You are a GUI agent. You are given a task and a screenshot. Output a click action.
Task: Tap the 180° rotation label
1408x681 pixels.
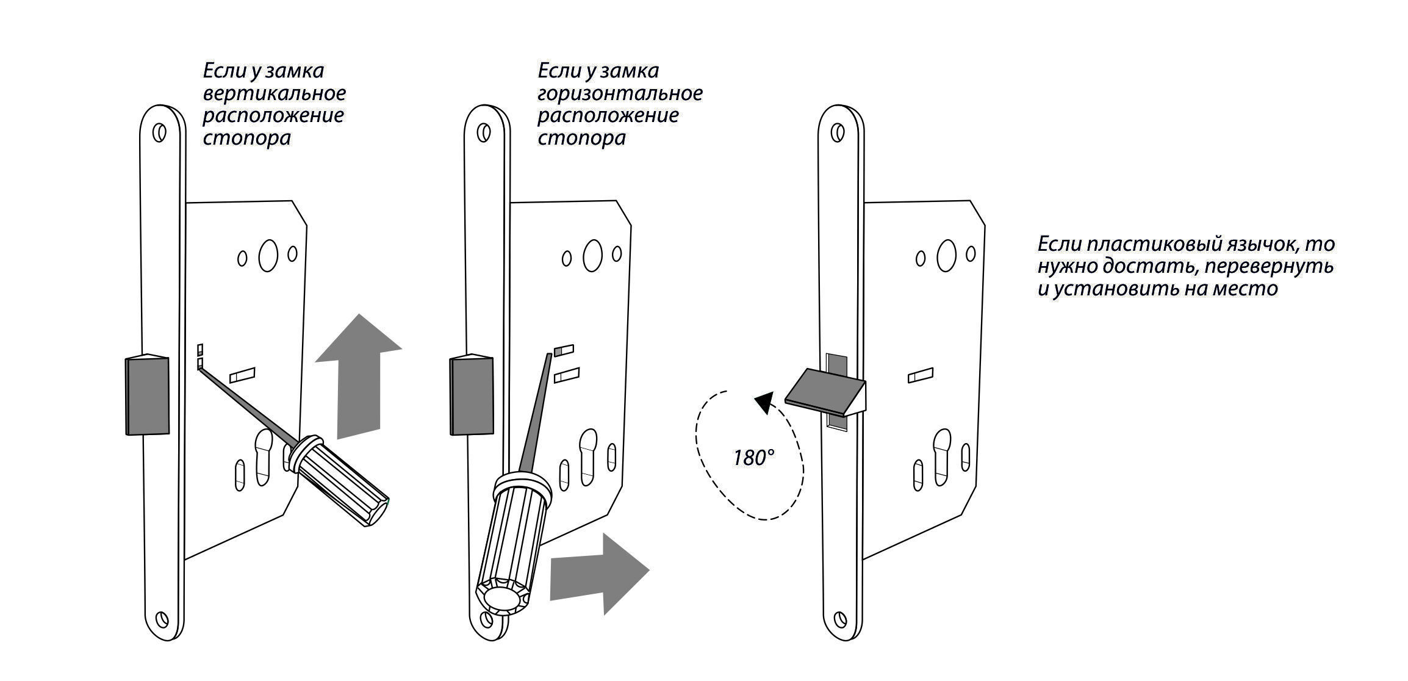pyautogui.click(x=753, y=458)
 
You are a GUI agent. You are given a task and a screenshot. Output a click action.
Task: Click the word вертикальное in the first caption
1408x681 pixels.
pyautogui.click(x=274, y=93)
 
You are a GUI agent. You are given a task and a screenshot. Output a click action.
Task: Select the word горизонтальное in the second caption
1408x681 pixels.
pyautogui.click(x=620, y=93)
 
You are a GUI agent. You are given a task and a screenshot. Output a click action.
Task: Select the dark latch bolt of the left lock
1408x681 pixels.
pyautogui.click(x=147, y=395)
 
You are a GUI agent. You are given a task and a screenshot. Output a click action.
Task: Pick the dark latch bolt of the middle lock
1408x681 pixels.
pyautogui.click(x=471, y=395)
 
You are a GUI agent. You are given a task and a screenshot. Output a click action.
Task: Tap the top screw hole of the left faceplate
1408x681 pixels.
pyautogui.click(x=160, y=132)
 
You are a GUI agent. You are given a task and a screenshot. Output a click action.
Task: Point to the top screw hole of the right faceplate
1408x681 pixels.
pyautogui.click(x=839, y=132)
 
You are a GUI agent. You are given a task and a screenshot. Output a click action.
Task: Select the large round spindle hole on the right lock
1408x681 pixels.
pyautogui.click(x=946, y=256)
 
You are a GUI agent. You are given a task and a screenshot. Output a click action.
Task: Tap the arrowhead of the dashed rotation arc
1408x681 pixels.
pyautogui.click(x=763, y=403)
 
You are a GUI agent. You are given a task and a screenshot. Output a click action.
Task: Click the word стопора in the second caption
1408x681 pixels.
pyautogui.click(x=581, y=138)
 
